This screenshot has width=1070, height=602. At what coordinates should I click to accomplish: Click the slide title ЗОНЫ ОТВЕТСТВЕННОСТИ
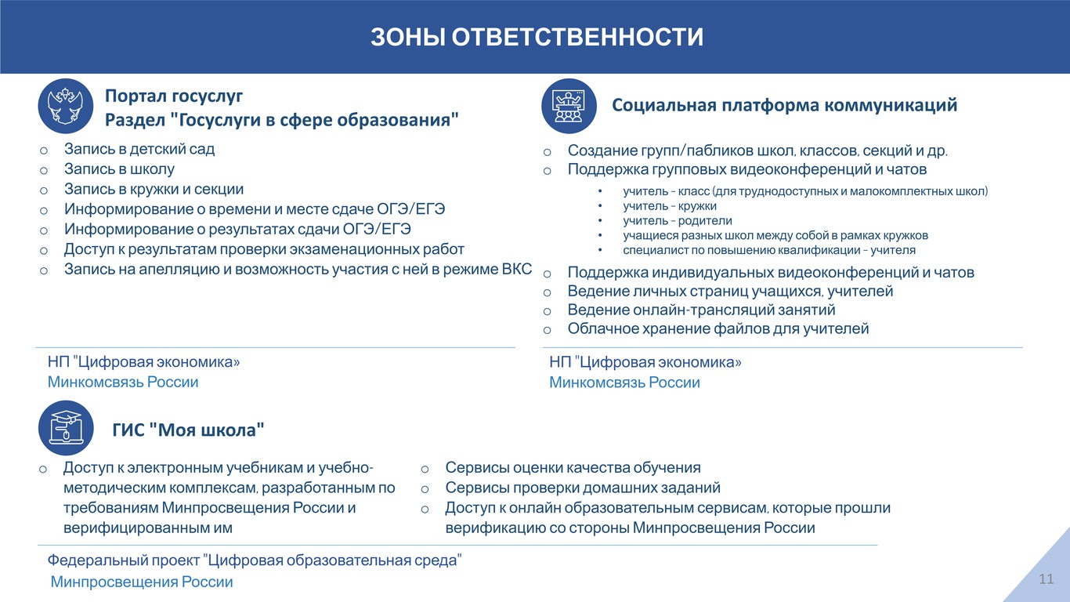(537, 37)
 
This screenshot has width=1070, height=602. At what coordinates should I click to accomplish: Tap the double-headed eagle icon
(66, 106)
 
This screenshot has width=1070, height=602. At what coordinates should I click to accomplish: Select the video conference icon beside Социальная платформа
(569, 106)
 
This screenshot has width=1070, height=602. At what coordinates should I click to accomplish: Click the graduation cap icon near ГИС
(66, 427)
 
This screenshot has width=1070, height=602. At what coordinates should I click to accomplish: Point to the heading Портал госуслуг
(174, 96)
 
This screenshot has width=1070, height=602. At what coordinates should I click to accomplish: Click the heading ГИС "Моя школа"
(188, 430)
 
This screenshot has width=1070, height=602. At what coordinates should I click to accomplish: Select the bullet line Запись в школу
(119, 169)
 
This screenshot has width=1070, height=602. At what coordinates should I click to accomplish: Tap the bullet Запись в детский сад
(139, 149)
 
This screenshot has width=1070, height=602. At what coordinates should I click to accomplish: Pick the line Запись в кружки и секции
(154, 190)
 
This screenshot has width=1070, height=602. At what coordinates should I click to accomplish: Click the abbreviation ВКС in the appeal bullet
(516, 269)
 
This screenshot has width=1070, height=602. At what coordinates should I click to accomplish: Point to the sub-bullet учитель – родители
(678, 220)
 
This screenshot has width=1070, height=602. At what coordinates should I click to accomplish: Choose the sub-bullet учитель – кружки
(670, 206)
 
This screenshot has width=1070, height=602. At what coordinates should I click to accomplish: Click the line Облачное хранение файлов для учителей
(718, 329)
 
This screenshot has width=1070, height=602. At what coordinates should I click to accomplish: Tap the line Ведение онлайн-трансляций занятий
(701, 310)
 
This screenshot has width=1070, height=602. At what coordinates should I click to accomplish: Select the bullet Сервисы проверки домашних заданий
(583, 488)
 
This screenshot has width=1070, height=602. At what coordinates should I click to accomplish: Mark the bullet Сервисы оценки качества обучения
(573, 468)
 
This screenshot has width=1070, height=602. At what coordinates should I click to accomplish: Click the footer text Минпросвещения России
(142, 582)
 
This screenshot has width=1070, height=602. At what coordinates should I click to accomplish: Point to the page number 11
(1047, 579)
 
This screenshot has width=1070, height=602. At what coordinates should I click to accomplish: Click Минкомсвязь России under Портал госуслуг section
(123, 382)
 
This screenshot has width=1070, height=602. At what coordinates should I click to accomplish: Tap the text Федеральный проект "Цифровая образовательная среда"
(255, 560)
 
